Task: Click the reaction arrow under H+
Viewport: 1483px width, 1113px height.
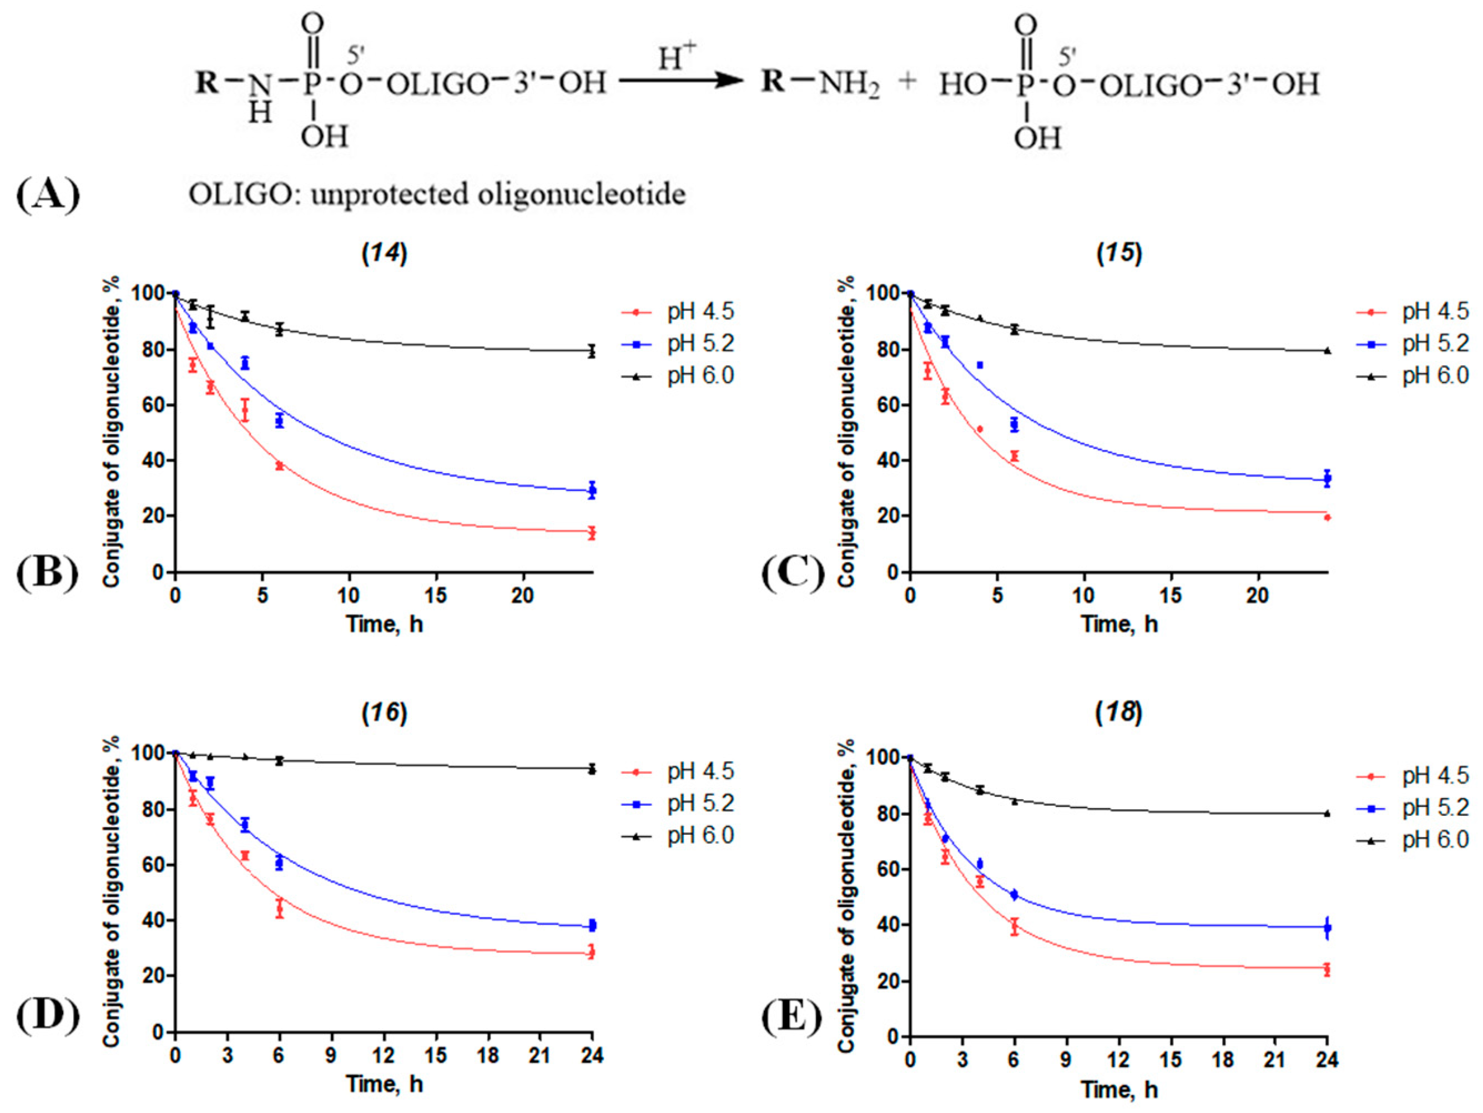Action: (x=680, y=81)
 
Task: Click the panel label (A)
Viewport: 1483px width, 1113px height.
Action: (x=48, y=194)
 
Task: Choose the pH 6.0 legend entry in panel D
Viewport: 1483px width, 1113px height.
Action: (x=678, y=835)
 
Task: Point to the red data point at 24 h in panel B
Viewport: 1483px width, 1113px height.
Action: (x=591, y=533)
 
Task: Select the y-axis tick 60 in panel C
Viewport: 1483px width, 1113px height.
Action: (x=881, y=405)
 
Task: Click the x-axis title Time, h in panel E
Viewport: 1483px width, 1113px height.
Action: (x=1119, y=1089)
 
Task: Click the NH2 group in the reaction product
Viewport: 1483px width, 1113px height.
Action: (x=849, y=83)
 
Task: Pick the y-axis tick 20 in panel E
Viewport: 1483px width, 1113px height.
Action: (x=881, y=981)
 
